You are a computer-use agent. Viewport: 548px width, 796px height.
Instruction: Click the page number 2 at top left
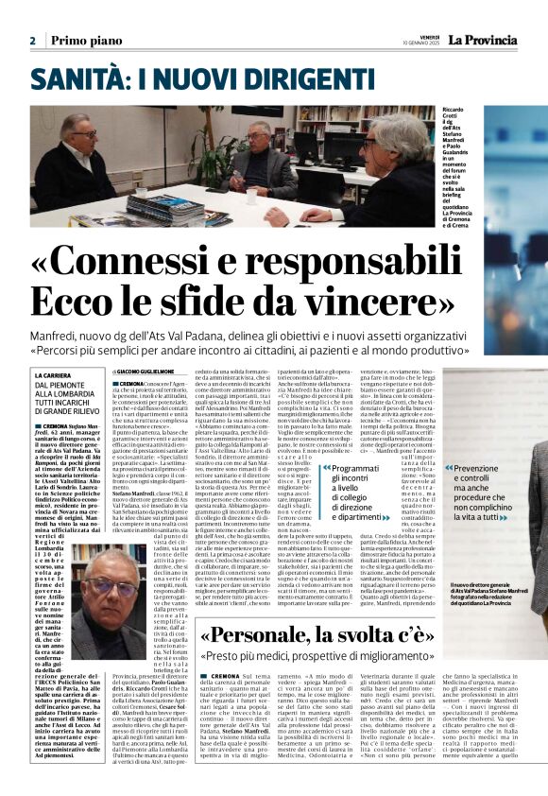click(x=32, y=41)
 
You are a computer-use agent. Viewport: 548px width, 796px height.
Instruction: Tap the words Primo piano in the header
click(x=82, y=41)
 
